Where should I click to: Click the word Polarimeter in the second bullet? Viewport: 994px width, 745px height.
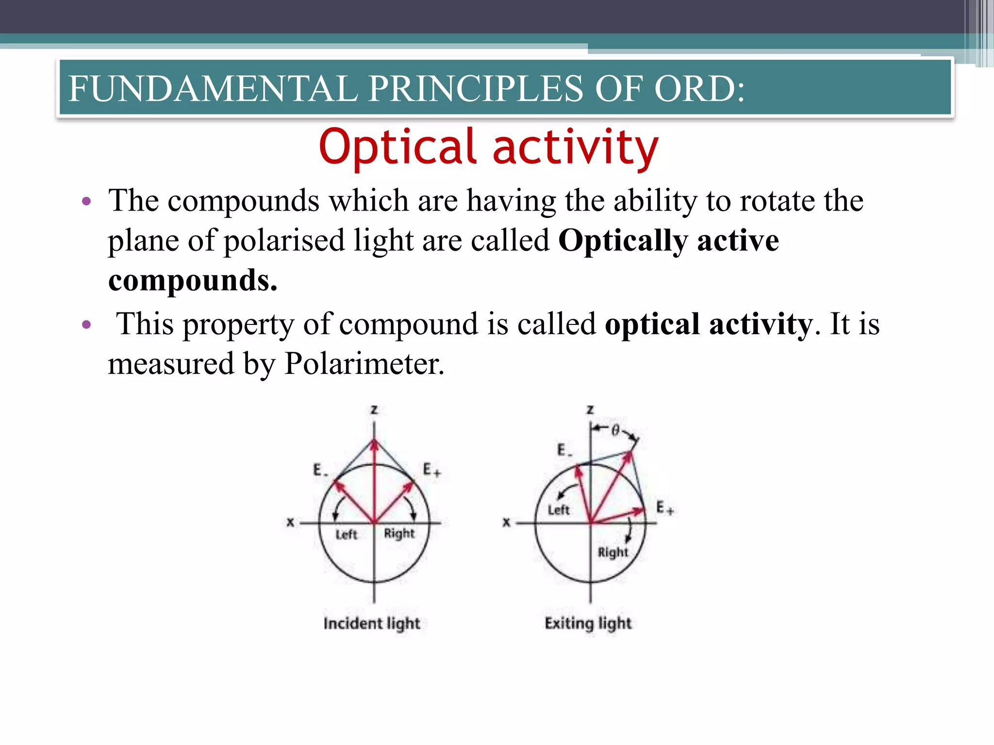[364, 364]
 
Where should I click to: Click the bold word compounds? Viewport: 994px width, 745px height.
[192, 280]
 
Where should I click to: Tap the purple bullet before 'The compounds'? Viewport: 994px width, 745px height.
[87, 201]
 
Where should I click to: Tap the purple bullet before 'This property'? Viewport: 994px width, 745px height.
[87, 324]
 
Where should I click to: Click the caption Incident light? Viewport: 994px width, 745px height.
[372, 623]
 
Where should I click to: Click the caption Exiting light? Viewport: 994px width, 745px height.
[588, 623]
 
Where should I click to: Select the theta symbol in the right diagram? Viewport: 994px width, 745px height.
[615, 430]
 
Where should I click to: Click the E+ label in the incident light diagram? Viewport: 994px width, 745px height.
[431, 470]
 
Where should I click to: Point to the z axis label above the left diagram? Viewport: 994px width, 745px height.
[374, 410]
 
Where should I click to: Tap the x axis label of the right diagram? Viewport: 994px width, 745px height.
[506, 522]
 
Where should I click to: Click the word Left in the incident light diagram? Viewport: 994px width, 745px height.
[346, 534]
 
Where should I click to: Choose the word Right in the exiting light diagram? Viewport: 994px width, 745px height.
[613, 552]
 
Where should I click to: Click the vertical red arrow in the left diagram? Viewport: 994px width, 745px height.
[374, 480]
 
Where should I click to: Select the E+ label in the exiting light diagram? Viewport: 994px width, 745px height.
[664, 508]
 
